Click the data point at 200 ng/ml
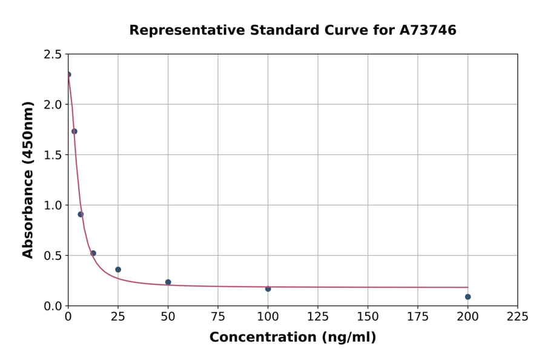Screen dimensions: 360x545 [x=467, y=297]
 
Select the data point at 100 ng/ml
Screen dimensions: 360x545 [x=268, y=288]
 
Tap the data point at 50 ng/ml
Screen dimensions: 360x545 [x=168, y=282]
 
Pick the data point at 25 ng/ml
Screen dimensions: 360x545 [x=118, y=270]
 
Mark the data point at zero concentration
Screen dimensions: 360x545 [x=68, y=75]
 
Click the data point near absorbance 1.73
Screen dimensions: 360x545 [x=74, y=132]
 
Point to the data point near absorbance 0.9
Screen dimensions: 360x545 [x=81, y=214]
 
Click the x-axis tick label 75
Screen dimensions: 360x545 [x=218, y=317]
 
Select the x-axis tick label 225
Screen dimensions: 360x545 [x=517, y=317]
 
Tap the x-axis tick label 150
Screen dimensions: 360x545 [x=368, y=317]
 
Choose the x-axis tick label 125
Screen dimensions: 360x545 [x=318, y=317]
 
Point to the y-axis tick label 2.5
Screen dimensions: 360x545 [x=53, y=55]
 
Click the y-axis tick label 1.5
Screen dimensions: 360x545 [x=53, y=155]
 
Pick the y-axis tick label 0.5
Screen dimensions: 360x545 [x=53, y=256]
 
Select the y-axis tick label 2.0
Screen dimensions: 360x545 [x=53, y=105]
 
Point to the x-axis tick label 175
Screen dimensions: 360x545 [x=417, y=317]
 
